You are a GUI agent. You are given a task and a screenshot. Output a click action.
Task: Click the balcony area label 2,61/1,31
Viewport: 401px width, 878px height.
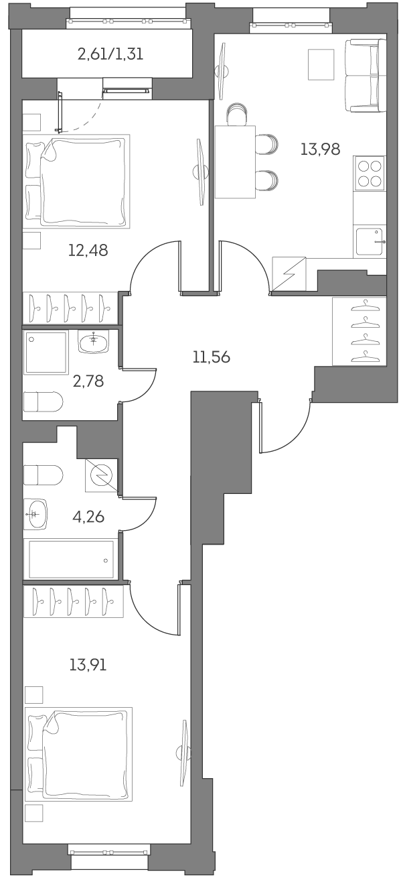[110, 55]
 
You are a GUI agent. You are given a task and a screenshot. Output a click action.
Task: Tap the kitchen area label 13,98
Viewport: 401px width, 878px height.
[320, 149]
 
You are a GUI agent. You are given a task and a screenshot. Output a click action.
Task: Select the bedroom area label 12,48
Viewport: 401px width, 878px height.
[88, 251]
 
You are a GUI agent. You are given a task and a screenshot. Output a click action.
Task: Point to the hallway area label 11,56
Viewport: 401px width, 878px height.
[211, 357]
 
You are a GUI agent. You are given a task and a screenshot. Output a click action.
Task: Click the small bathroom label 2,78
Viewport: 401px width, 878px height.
[88, 382]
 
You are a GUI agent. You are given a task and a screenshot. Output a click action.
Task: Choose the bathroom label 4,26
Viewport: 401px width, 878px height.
[88, 517]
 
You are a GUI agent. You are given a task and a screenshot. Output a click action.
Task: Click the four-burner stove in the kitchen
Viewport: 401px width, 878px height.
[370, 174]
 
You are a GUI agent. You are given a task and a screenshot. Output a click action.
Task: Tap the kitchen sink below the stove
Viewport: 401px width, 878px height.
[370, 241]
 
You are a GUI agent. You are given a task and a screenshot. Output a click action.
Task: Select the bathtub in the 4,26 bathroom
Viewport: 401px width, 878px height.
[70, 559]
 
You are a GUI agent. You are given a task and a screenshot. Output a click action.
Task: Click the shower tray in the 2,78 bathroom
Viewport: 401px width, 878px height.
[46, 353]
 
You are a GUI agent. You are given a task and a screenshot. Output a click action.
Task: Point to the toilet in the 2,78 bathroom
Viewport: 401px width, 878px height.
[43, 402]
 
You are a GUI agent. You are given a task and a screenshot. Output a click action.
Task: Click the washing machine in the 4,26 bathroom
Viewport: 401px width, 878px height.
[102, 475]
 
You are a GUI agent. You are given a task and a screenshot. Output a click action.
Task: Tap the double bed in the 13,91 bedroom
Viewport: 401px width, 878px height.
[78, 753]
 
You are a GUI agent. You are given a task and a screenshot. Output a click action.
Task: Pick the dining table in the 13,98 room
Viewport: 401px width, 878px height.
[235, 162]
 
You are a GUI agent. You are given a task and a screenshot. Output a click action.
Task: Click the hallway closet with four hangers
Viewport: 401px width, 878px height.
[359, 331]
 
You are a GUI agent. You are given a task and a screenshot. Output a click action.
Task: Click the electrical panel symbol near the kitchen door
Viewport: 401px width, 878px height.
[289, 275]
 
